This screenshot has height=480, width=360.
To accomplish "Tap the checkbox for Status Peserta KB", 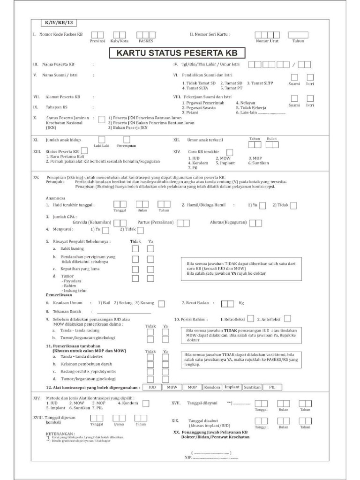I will [x=84, y=151].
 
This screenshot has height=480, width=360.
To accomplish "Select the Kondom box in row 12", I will [x=212, y=387].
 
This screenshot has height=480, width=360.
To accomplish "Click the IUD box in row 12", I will [x=152, y=387].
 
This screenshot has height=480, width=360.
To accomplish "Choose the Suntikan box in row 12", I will [x=252, y=387].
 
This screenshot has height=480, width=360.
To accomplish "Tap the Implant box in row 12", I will [x=232, y=387].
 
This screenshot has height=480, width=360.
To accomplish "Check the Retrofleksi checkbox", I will [x=251, y=319].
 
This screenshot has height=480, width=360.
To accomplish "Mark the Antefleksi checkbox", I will [x=287, y=319].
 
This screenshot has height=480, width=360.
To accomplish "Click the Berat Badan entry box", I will [x=227, y=303].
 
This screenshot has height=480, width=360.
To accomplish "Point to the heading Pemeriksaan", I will [x=58, y=296].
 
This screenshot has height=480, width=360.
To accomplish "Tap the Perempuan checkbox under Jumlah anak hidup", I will [x=127, y=139].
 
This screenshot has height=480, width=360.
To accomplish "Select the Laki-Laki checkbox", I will [x=102, y=139].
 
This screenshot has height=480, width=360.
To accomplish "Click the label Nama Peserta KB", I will [x=58, y=64].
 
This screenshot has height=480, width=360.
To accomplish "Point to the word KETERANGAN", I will [x=60, y=434].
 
